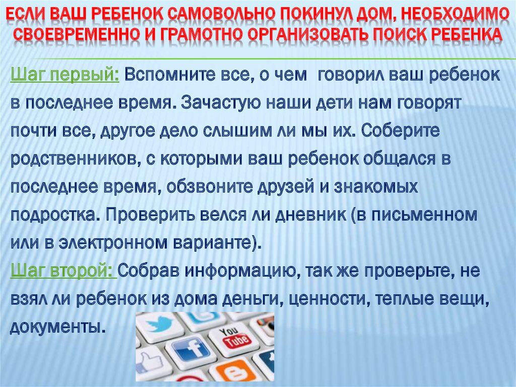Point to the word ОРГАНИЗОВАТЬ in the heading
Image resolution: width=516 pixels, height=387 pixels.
(x=309, y=34)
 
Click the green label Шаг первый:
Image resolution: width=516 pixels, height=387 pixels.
(x=65, y=76)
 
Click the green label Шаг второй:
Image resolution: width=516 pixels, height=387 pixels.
(x=63, y=271)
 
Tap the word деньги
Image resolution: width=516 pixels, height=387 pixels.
(x=251, y=299)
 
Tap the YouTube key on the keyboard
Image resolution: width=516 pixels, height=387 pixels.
(x=234, y=337)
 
